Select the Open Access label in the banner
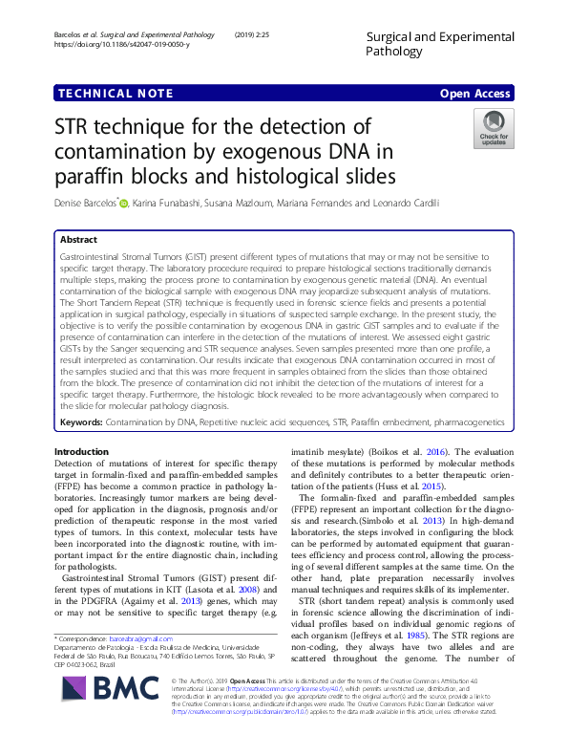477,94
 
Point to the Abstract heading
78,241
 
